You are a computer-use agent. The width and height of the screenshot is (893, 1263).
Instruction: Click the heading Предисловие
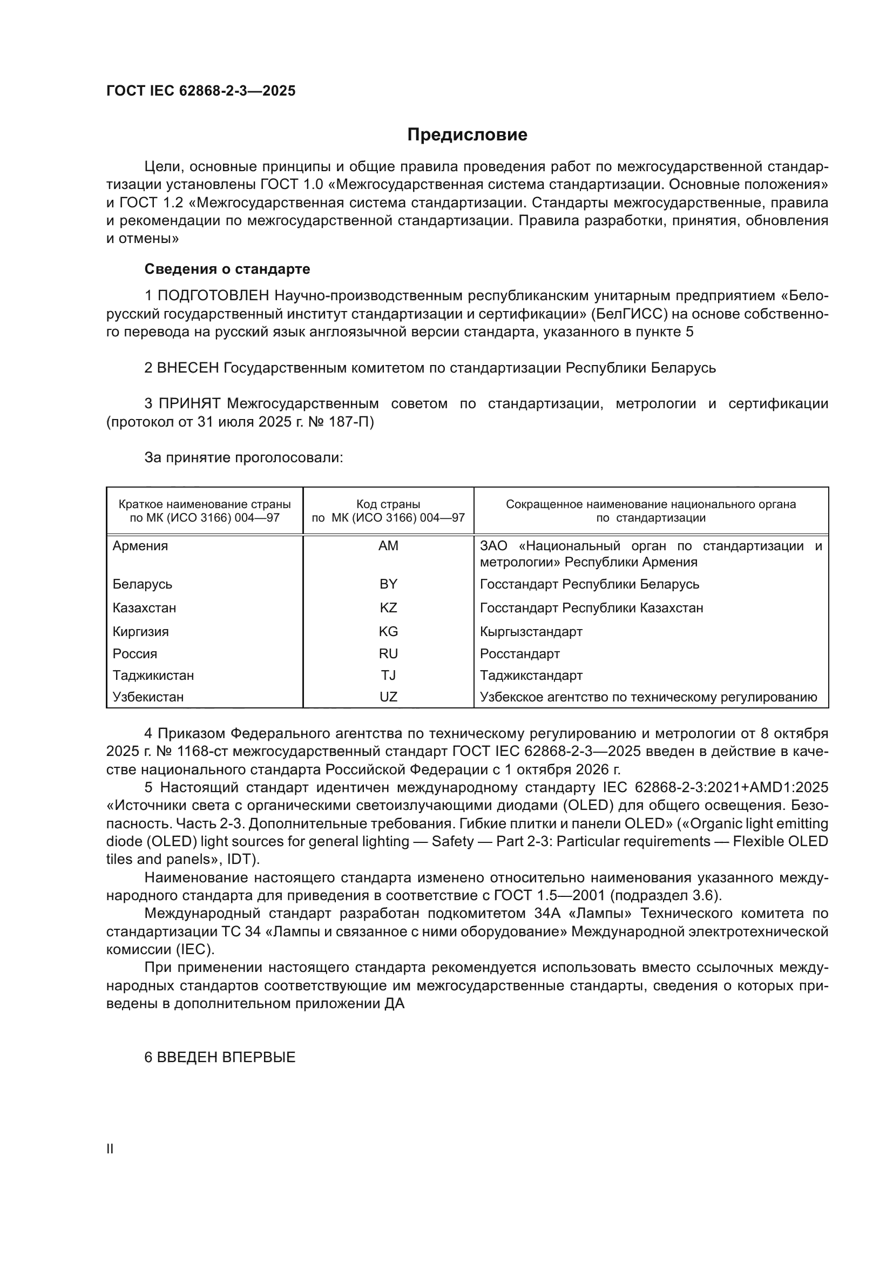pos(467,135)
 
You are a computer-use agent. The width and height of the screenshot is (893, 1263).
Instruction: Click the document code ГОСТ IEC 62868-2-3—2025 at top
pos(201,91)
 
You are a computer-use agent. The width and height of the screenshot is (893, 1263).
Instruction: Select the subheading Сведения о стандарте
pos(227,269)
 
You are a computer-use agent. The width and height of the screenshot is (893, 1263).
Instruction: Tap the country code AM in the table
pos(388,546)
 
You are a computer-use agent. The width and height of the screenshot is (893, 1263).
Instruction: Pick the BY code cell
pos(388,584)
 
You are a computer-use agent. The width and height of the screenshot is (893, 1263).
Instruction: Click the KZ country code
pos(388,608)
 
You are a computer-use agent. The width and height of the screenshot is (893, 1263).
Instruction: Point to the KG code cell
pos(388,632)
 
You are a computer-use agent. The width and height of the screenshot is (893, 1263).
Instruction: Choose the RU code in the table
pos(388,653)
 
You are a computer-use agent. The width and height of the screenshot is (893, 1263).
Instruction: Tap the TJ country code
pos(388,675)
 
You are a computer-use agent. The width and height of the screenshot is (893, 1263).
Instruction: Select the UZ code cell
pos(388,697)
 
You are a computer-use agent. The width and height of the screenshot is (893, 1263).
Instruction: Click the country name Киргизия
pos(141,632)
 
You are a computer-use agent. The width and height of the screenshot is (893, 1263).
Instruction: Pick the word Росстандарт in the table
pos(519,653)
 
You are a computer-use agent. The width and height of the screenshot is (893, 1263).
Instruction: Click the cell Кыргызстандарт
pos(531,632)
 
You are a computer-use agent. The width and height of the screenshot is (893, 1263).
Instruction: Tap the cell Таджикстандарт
pos(531,675)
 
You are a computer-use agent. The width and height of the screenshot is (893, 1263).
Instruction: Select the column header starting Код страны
pos(388,510)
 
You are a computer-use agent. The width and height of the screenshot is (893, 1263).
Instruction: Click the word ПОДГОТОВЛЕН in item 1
pos(213,295)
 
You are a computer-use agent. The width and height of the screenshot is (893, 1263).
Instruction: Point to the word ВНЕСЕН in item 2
pos(188,368)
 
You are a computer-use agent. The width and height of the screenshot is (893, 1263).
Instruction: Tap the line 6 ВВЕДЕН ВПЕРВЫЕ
pos(220,1057)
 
